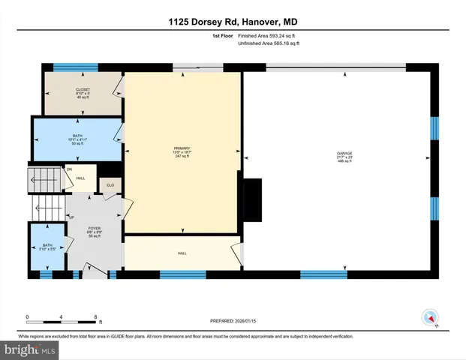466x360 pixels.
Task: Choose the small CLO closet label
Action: pyautogui.click(x=110, y=184)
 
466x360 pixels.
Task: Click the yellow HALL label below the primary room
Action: pyautogui.click(x=182, y=253)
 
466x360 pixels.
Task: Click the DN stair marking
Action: pyautogui.click(x=69, y=170)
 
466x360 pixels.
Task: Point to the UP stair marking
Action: pyautogui.click(x=71, y=217)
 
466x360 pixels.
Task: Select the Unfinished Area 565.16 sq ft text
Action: pyautogui.click(x=268, y=43)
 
